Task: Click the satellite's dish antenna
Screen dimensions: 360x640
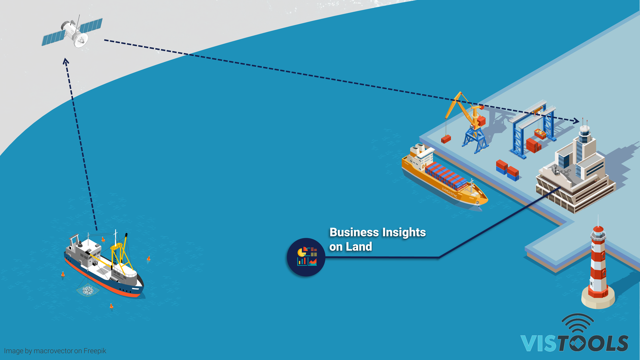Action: point(81,40)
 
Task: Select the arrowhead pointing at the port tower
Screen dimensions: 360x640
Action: point(576,121)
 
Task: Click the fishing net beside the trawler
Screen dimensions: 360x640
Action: point(88,290)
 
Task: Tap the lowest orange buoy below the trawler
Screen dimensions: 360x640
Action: point(111,306)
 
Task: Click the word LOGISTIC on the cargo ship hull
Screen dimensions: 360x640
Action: point(450,193)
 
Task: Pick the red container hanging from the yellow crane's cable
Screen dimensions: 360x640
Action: point(446,139)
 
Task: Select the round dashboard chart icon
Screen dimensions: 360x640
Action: point(306,257)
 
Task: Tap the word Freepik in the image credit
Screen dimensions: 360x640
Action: point(95,351)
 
